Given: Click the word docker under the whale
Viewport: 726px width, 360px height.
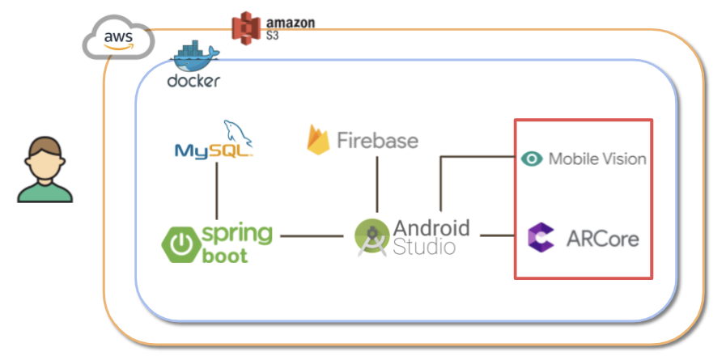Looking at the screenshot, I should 193,81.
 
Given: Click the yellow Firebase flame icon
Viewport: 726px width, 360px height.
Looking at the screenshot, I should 319,139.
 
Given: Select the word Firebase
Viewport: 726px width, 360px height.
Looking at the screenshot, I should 377,140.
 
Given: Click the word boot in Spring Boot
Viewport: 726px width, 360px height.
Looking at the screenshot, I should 226,256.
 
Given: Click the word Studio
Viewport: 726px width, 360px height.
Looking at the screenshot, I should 423,248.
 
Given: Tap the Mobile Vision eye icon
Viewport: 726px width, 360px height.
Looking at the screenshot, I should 531,159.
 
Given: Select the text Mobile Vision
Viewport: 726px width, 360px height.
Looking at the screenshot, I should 597,159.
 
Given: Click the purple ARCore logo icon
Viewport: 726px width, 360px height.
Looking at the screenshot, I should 540,237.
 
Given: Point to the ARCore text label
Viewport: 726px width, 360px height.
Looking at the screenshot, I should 603,238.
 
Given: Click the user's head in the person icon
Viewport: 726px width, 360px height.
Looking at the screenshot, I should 45,156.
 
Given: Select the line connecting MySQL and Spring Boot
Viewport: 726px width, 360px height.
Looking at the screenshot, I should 217,191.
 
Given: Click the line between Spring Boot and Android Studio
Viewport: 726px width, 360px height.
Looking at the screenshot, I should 311,237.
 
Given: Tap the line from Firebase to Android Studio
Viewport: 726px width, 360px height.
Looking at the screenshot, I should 376,184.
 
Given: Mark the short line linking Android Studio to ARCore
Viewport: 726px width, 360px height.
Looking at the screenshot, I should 498,236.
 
